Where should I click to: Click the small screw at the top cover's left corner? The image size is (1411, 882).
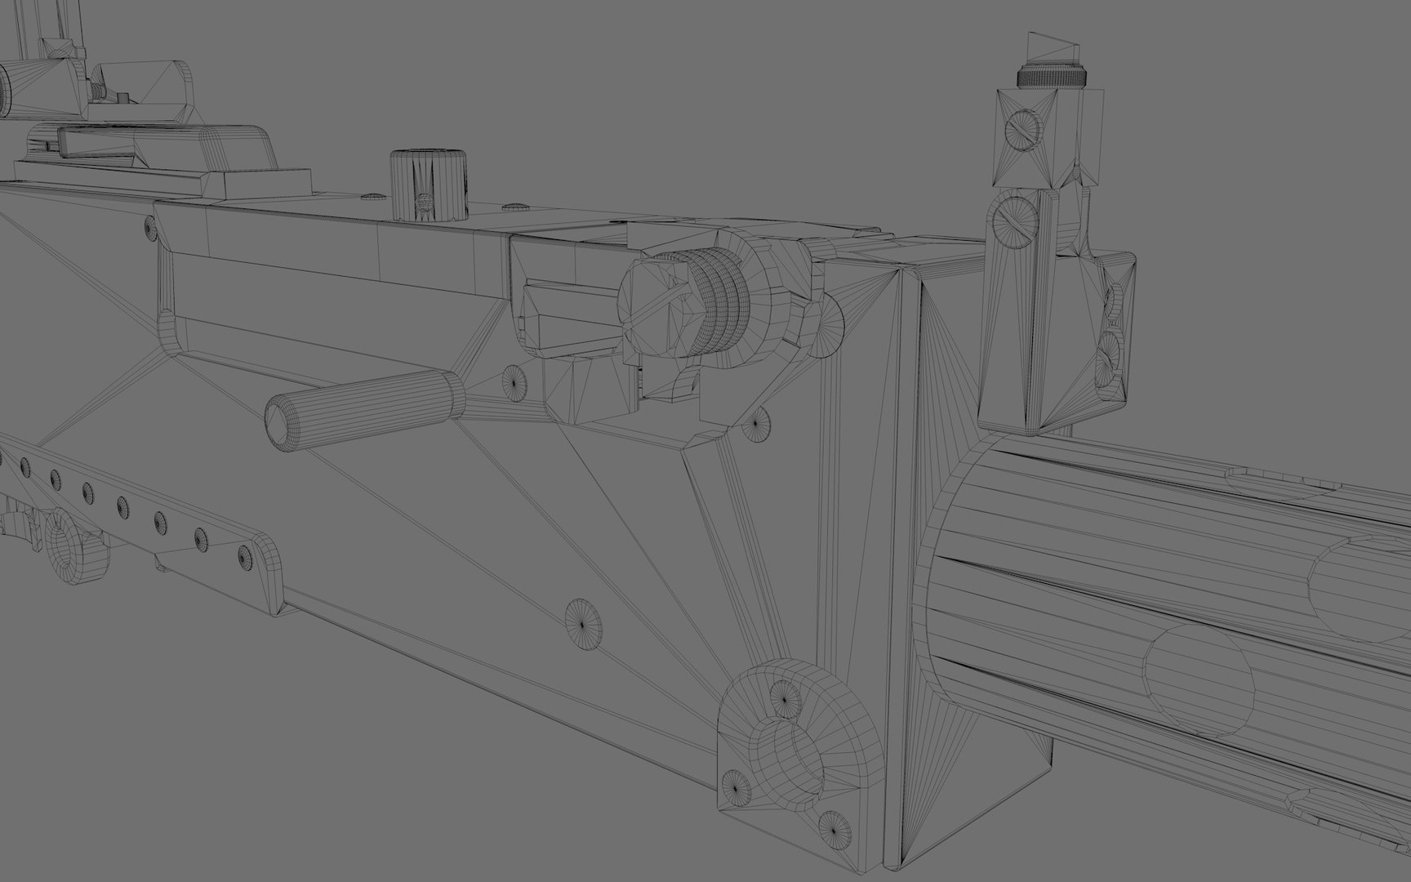[x=149, y=228]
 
